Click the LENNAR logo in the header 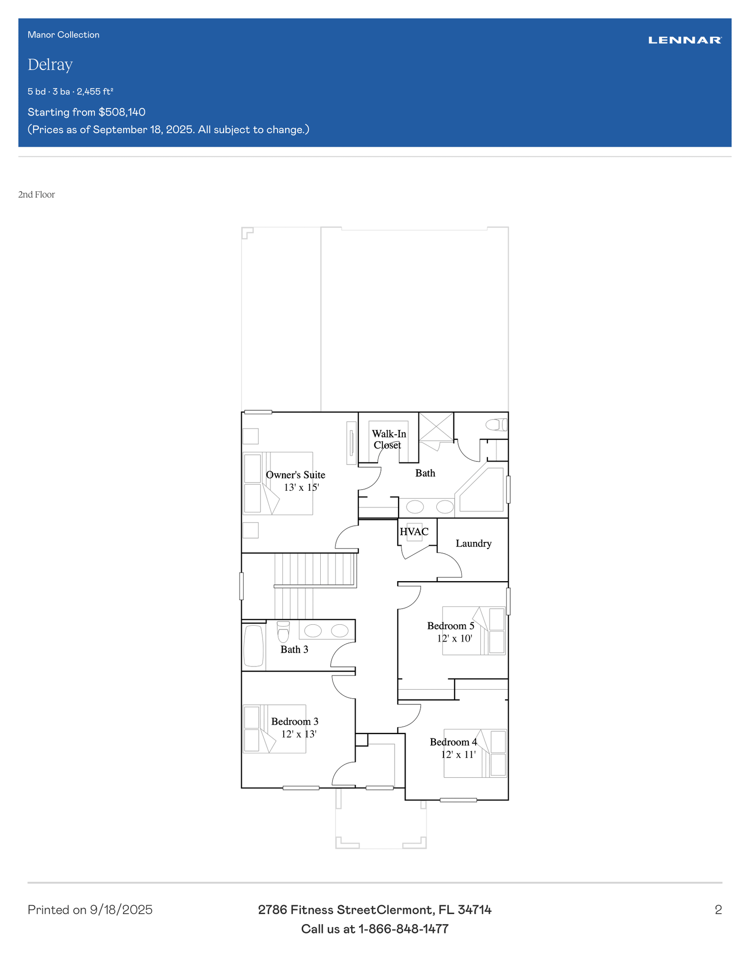685,40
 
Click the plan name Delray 50,64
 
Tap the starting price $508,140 122,112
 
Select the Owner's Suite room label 296,475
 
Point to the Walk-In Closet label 389,439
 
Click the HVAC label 414,531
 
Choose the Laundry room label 473,543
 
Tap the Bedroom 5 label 451,626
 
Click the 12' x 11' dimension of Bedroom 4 458,754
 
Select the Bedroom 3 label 295,721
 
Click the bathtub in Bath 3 253,646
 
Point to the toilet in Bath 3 283,632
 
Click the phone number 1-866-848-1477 403,929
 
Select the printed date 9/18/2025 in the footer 121,910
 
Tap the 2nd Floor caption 36,195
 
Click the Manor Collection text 63,35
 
